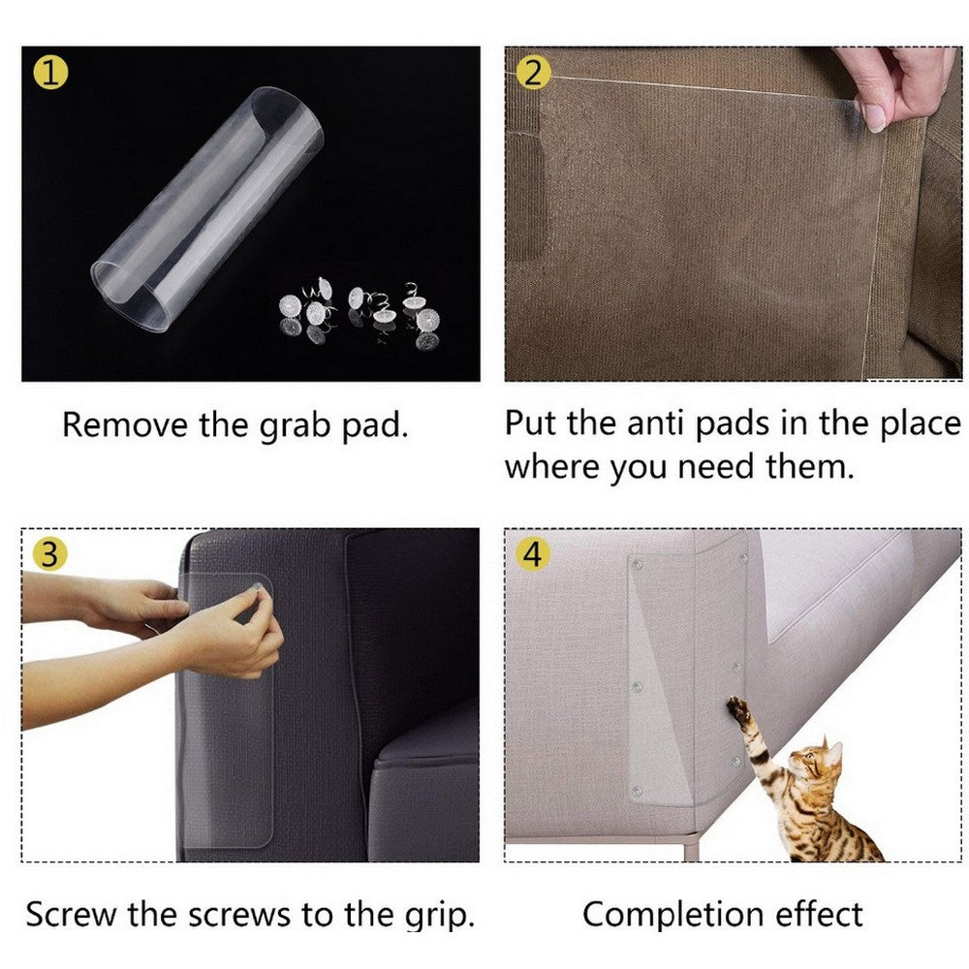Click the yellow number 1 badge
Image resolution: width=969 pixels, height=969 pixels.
(x=49, y=72)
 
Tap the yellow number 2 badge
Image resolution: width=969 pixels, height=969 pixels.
(x=532, y=72)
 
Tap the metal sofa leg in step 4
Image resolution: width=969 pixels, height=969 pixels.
(x=690, y=847)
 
